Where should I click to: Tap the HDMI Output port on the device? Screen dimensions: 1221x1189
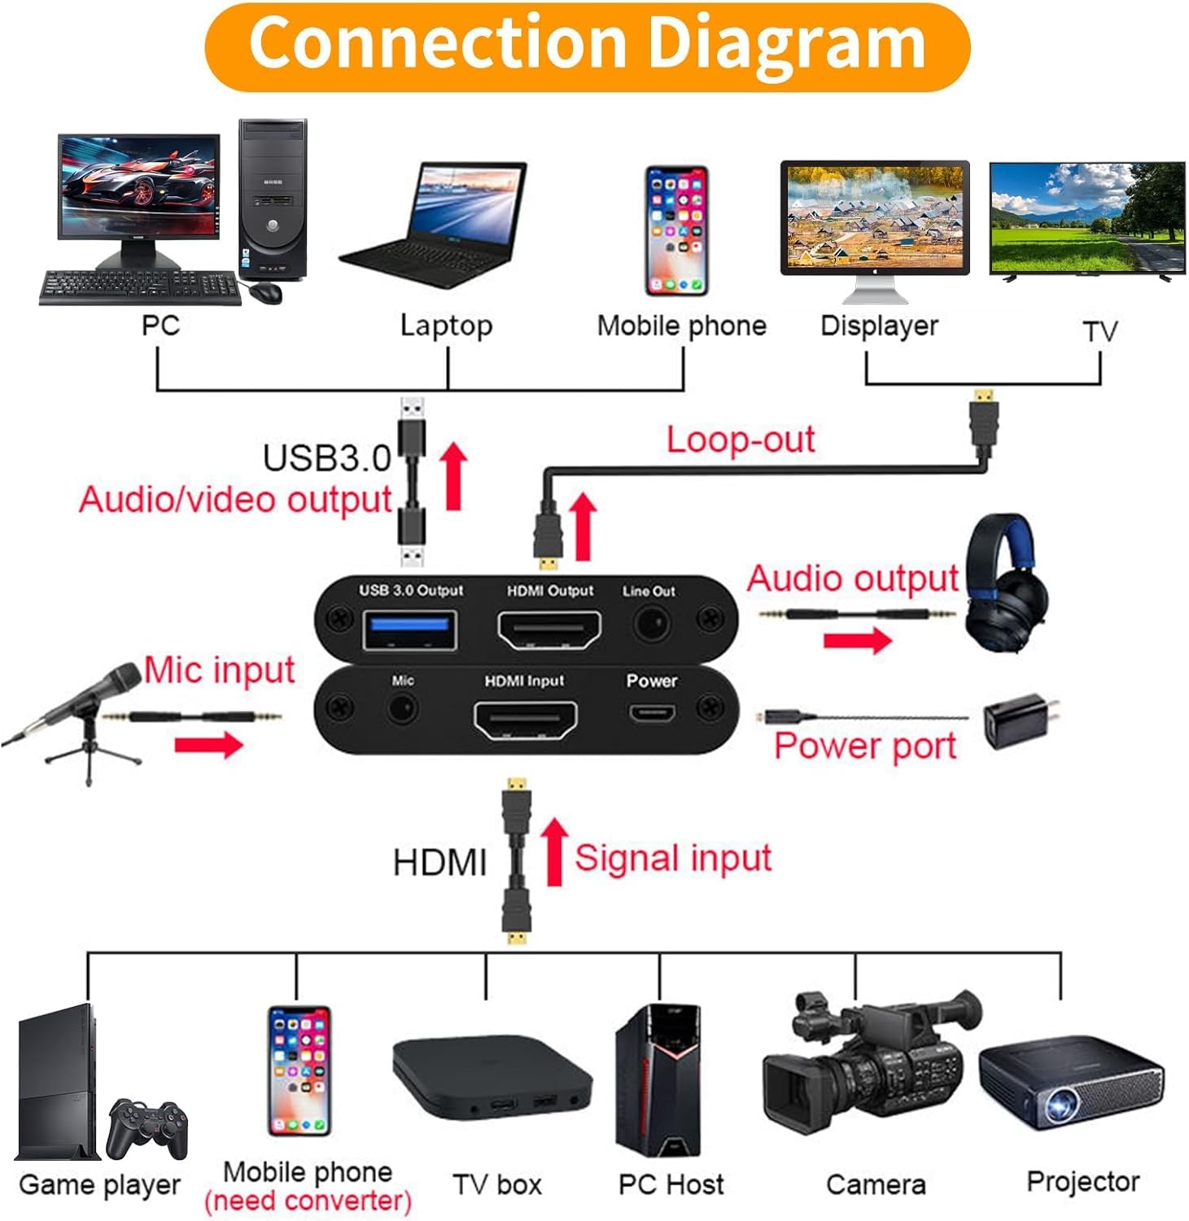549,629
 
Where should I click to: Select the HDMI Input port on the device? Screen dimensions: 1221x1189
526,718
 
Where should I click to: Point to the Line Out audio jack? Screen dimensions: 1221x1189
651,625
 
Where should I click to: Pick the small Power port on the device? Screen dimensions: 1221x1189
651,714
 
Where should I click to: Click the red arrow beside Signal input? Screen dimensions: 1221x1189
555,851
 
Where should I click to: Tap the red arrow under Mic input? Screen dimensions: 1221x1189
208,744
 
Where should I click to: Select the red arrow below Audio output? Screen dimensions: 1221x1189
856,640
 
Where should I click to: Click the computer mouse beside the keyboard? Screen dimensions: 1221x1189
265,291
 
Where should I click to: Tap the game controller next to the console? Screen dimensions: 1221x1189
148,1127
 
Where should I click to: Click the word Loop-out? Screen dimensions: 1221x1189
740,440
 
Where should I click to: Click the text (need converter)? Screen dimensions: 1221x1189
308,1201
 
